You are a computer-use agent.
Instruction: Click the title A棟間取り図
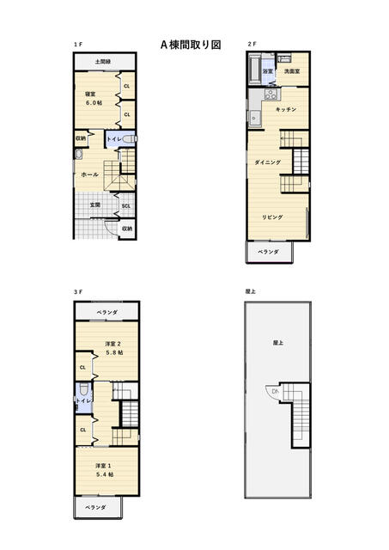(191, 45)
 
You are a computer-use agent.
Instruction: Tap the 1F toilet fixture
(130, 139)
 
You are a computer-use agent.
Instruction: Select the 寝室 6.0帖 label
(94, 99)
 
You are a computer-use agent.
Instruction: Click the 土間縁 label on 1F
(103, 62)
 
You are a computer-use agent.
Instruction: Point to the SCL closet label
(126, 206)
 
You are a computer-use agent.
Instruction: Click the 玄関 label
(95, 205)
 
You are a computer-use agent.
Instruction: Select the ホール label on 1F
(89, 174)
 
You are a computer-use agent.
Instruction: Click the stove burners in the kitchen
(270, 94)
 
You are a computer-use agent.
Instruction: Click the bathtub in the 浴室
(255, 69)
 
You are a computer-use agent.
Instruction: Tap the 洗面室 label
(292, 71)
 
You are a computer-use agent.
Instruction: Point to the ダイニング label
(267, 162)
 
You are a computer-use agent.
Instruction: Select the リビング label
(272, 217)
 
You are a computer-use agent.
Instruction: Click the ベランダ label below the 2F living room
(269, 252)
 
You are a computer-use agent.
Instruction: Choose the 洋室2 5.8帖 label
(114, 348)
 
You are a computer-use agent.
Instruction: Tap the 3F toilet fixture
(83, 389)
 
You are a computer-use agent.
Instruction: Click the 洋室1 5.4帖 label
(104, 470)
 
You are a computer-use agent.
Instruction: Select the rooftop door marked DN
(272, 392)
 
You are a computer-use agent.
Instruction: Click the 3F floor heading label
(78, 292)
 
